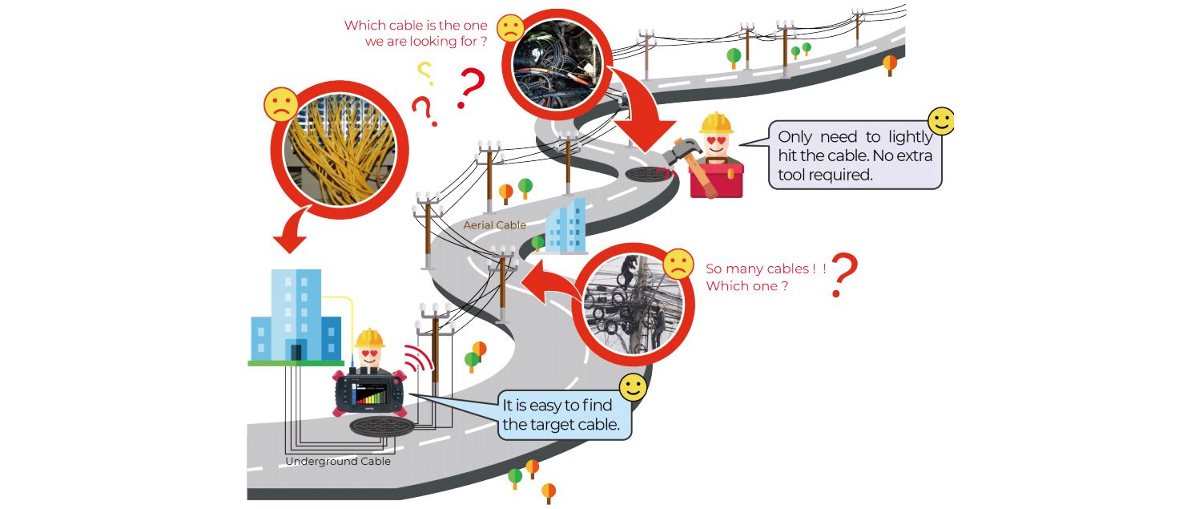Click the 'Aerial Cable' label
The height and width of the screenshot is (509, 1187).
click(494, 224)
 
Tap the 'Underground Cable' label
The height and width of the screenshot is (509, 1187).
click(338, 461)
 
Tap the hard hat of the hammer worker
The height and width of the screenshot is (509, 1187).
click(716, 123)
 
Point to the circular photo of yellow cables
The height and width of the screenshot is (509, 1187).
click(340, 150)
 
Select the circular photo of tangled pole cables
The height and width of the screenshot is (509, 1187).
click(634, 305)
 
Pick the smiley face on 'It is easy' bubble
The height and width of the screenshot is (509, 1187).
click(634, 388)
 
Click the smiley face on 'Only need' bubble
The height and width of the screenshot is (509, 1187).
click(942, 121)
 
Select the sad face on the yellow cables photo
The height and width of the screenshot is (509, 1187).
click(281, 104)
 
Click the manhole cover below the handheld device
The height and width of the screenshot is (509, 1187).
click(381, 426)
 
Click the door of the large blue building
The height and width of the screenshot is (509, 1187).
click(296, 352)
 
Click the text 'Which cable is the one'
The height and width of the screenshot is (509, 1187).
click(416, 26)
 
